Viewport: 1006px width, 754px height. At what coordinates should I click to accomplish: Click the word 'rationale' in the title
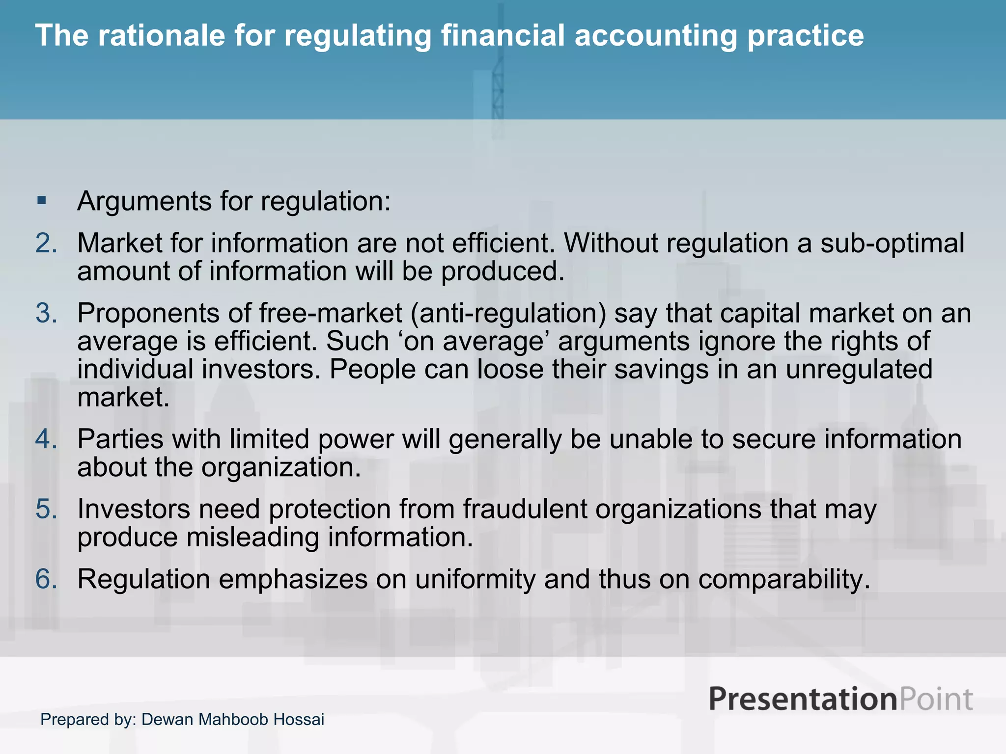(x=161, y=35)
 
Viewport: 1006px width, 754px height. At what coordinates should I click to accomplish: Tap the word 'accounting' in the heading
(x=655, y=35)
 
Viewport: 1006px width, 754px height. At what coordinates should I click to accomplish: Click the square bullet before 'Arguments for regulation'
(x=42, y=200)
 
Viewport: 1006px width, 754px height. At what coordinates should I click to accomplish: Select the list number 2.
(x=46, y=243)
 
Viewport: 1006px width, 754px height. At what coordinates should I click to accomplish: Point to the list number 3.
(x=46, y=313)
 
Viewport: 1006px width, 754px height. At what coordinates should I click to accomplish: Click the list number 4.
(x=46, y=439)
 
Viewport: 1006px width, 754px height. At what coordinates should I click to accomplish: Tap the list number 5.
(x=46, y=509)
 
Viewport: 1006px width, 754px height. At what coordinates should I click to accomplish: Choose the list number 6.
(x=46, y=579)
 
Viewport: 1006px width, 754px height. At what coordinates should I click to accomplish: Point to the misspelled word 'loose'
(x=510, y=369)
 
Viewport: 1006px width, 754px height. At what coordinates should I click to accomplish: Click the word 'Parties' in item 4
(x=120, y=439)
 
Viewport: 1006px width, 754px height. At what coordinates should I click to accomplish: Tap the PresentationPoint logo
(x=840, y=699)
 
